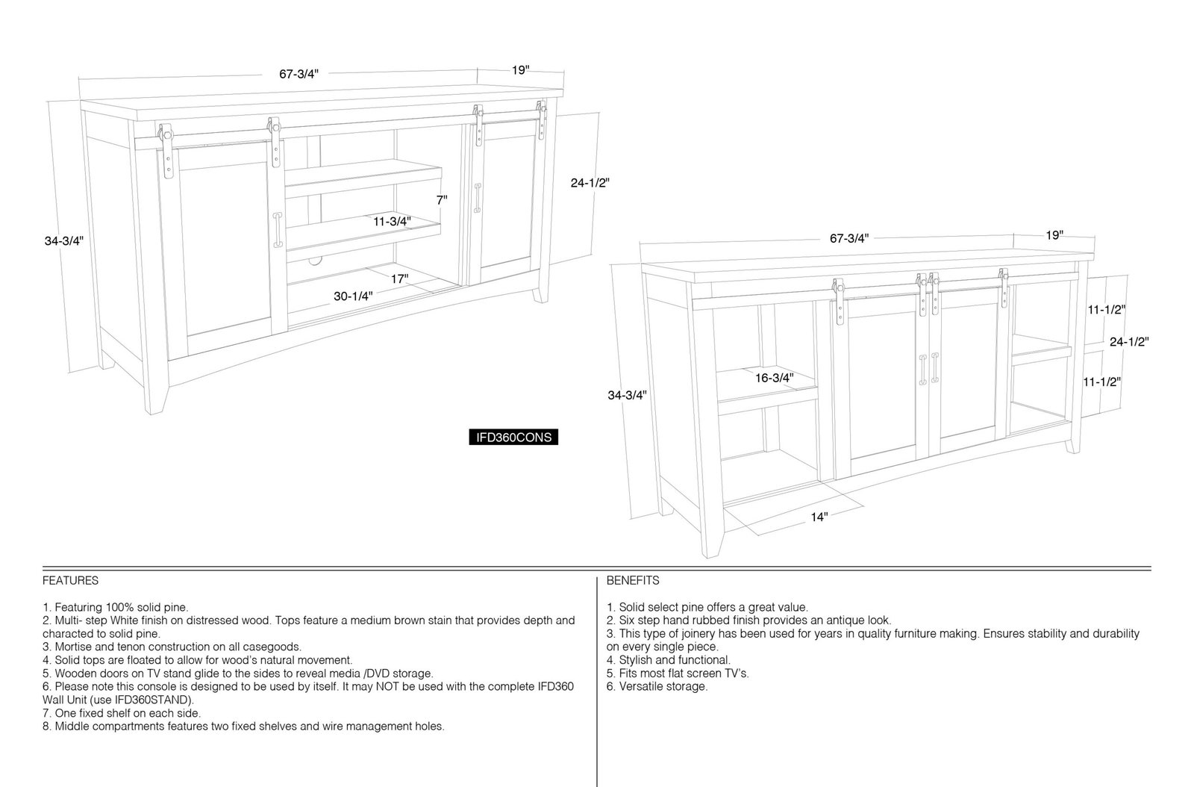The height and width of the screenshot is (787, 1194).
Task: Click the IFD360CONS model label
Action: click(x=513, y=438)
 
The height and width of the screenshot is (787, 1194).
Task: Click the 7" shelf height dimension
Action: click(x=442, y=200)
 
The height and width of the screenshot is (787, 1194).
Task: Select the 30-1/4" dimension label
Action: click(x=353, y=296)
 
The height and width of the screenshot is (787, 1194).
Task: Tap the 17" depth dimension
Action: click(x=399, y=279)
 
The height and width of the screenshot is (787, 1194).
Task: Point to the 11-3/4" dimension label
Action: click(x=392, y=221)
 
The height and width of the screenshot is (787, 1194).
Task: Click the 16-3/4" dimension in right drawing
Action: click(x=774, y=378)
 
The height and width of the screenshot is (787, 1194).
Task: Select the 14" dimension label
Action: click(x=819, y=517)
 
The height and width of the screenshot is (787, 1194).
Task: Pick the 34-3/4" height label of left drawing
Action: click(x=64, y=241)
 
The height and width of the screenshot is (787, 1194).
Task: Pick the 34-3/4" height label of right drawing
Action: click(x=627, y=395)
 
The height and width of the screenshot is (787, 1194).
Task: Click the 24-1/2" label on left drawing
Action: click(x=590, y=183)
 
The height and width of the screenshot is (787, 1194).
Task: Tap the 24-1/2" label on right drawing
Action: click(x=1129, y=342)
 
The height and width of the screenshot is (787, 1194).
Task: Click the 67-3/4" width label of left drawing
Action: click(x=298, y=74)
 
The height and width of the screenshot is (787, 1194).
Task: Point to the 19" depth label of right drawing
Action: click(x=1054, y=235)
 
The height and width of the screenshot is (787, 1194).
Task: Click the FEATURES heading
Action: click(x=70, y=580)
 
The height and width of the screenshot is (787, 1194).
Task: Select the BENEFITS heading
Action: click(x=633, y=580)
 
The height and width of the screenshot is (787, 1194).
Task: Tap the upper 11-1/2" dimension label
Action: click(x=1107, y=310)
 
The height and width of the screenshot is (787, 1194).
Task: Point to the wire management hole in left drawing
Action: click(x=316, y=261)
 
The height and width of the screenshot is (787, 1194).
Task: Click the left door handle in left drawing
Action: click(x=278, y=230)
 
